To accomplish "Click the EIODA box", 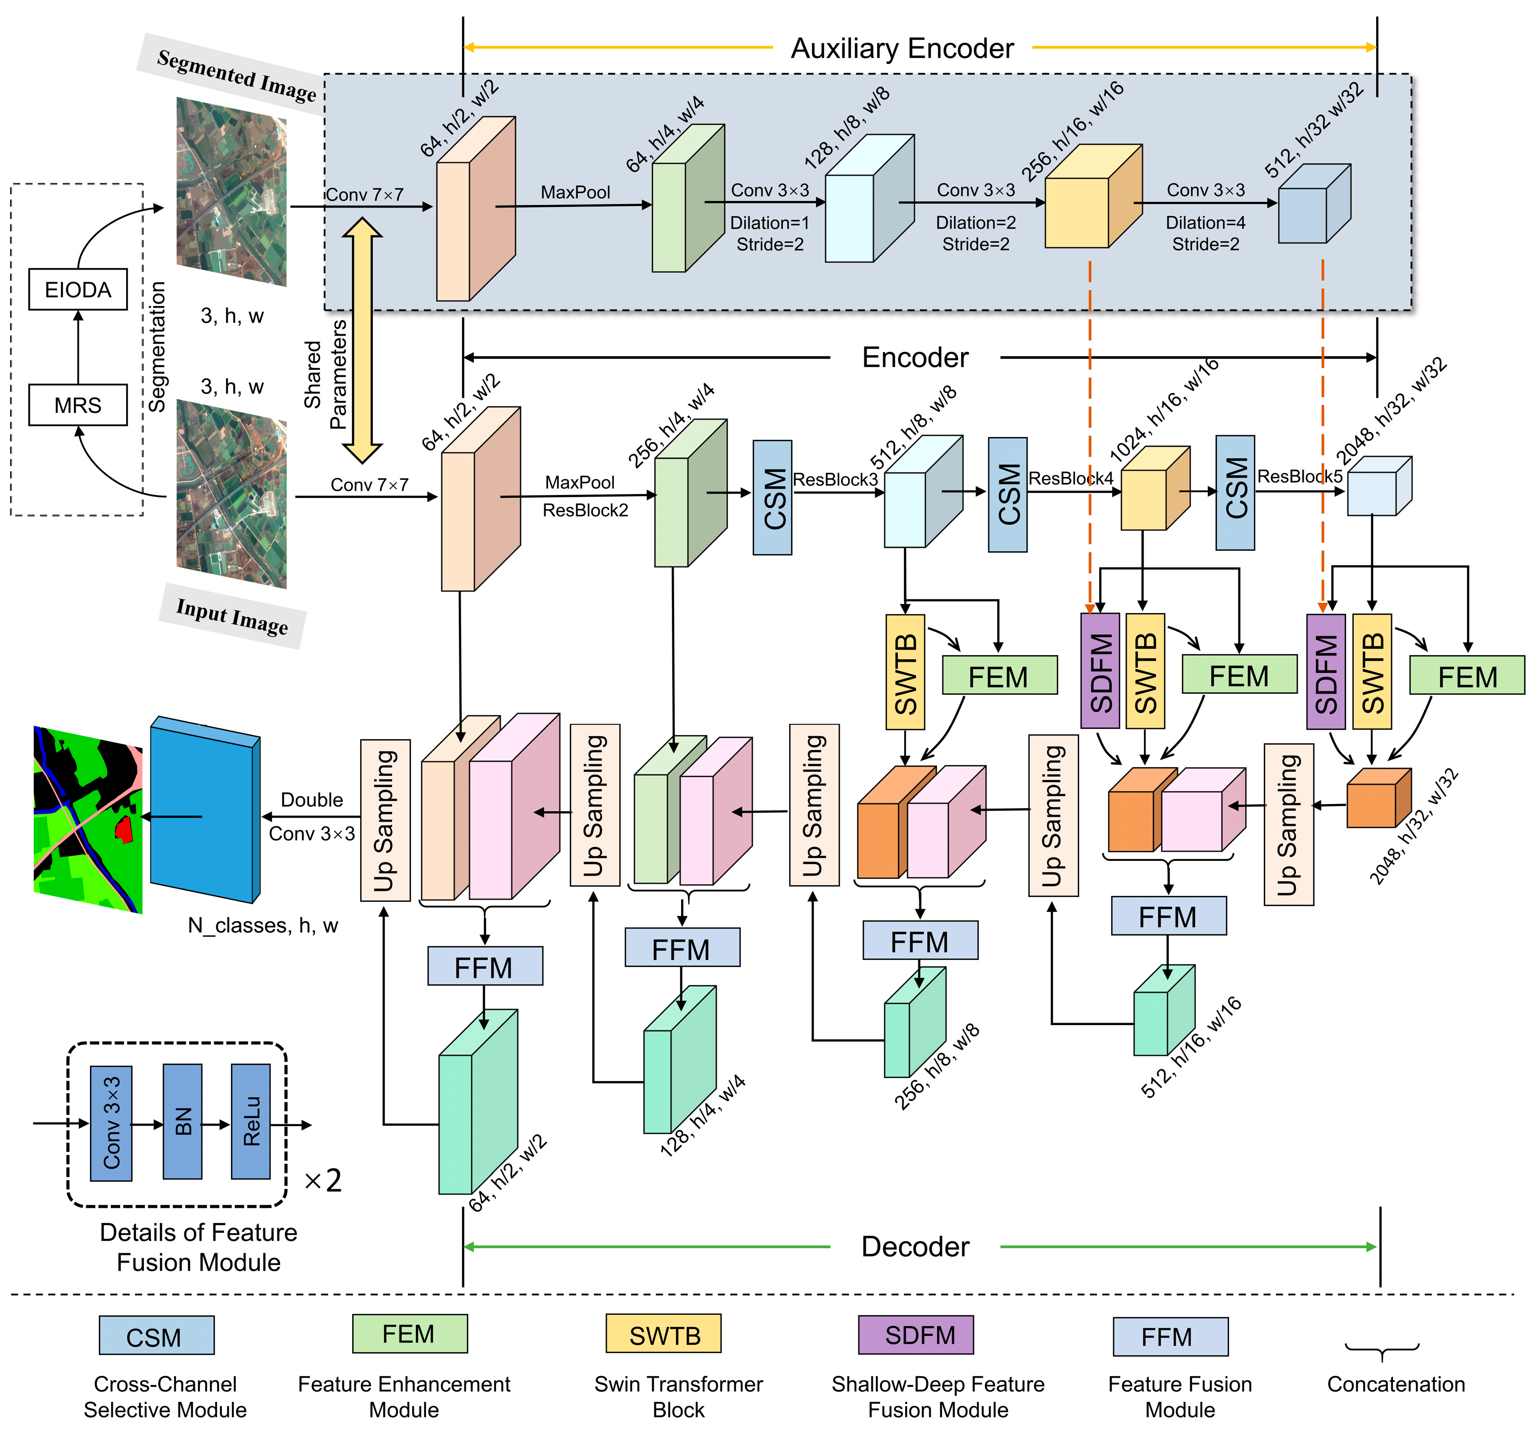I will [77, 290].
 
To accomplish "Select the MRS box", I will [77, 405].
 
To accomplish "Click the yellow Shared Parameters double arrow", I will [361, 341].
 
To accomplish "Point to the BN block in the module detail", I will [183, 1121].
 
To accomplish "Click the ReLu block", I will [251, 1121].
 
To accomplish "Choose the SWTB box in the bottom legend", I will [663, 1334].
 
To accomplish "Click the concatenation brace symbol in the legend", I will [1382, 1351].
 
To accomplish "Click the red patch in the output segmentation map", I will [123, 829].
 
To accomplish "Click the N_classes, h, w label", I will [263, 925].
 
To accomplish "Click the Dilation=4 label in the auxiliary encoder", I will [1205, 223].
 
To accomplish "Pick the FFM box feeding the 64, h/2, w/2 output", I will [484, 966].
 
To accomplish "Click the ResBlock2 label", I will [585, 510].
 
